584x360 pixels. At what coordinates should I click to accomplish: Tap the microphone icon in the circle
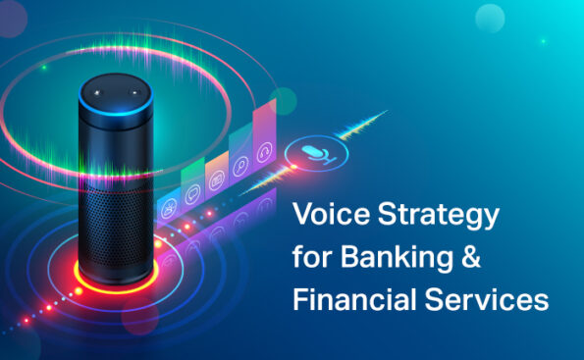point(313,152)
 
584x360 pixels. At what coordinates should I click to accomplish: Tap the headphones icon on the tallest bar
point(264,152)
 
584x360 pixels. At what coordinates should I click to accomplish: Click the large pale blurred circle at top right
point(490,17)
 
